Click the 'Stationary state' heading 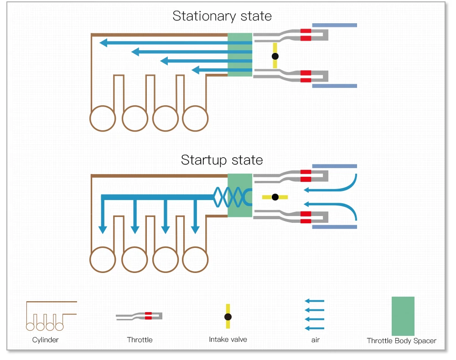[222, 16]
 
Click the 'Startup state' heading [222, 160]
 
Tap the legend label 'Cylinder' [45, 340]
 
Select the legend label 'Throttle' [140, 339]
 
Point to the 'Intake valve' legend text [228, 339]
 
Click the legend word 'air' [316, 340]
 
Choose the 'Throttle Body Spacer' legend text [401, 341]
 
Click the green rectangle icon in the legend [403, 316]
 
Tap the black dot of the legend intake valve [228, 317]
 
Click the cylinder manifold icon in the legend [51, 316]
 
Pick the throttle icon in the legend [139, 316]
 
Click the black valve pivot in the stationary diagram [275, 56]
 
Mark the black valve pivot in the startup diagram [275, 197]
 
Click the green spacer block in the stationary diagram [240, 55]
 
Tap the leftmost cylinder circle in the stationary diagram [103, 118]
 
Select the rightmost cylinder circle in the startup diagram [195, 259]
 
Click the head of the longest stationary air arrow [104, 43]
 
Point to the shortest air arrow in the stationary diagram [222, 70]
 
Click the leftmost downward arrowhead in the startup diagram [102, 230]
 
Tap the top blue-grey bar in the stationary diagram [334, 25]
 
